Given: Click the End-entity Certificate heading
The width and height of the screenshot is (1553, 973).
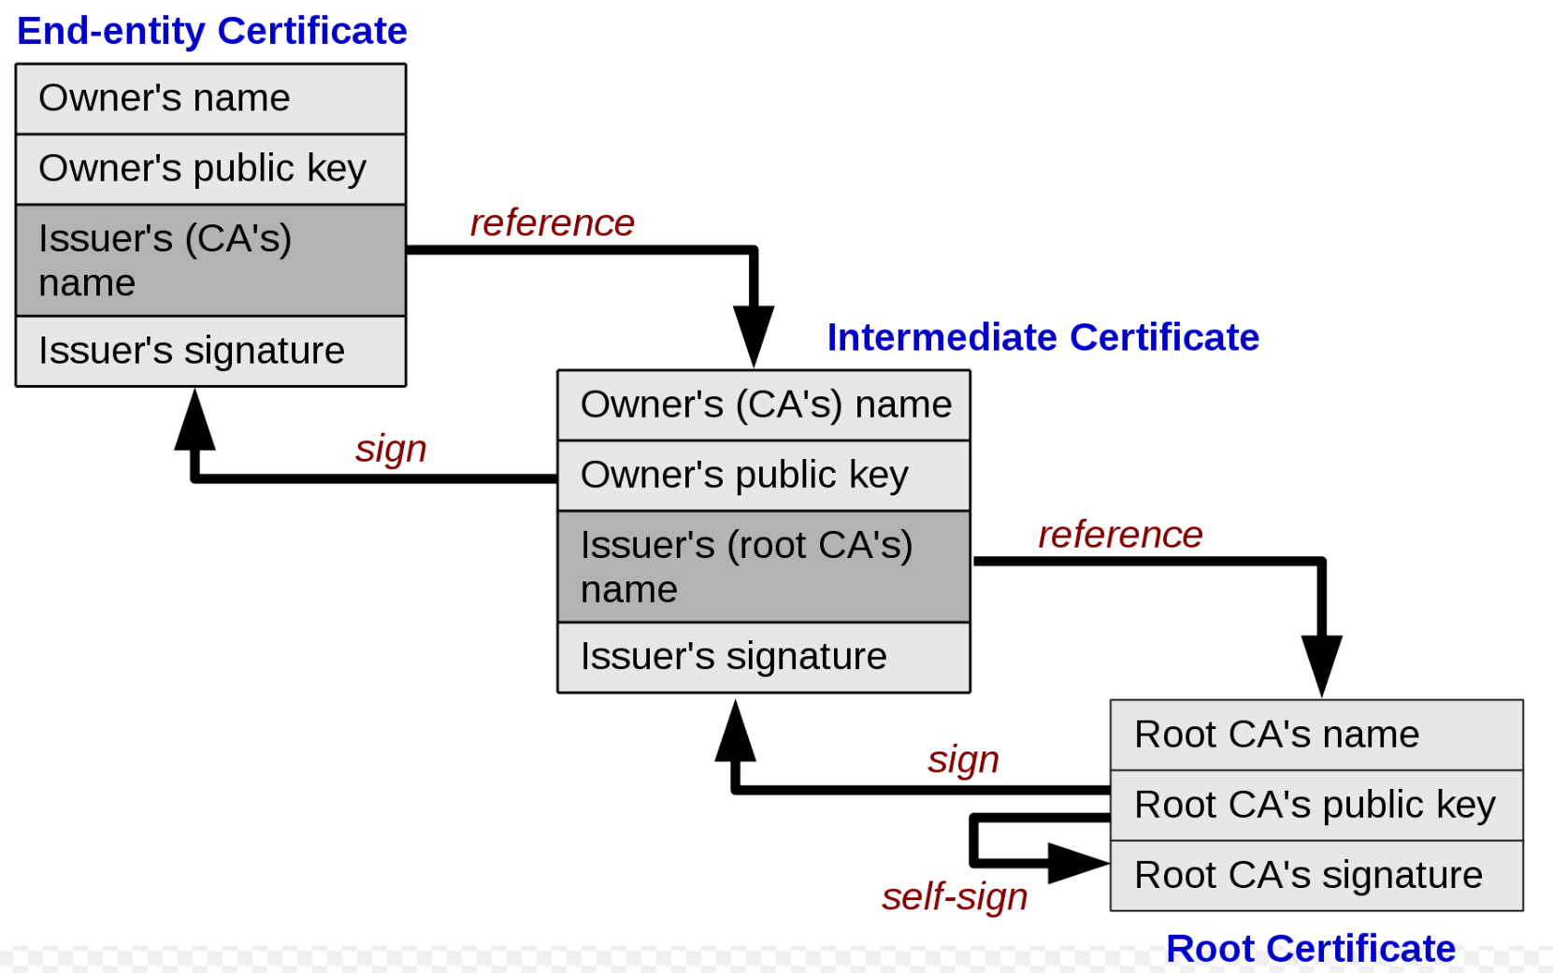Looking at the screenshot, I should (211, 31).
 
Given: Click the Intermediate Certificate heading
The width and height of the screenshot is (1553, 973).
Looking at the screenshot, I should (1043, 337).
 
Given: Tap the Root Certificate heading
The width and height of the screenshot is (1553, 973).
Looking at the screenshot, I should (1310, 948).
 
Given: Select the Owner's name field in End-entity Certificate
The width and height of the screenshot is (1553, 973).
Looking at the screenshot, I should (210, 99).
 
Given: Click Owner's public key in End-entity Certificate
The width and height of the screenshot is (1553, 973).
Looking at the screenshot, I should (210, 169).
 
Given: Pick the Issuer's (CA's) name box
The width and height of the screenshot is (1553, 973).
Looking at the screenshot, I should (210, 260).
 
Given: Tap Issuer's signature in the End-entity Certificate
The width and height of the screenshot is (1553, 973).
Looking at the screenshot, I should (210, 351).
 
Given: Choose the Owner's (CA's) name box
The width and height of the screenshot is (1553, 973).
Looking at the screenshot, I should (764, 406).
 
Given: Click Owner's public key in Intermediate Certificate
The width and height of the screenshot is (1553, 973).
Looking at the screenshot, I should (764, 476).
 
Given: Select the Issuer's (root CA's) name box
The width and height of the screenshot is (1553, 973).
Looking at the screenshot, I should (764, 566).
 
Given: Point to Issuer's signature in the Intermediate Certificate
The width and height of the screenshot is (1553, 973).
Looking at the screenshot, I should (764, 657).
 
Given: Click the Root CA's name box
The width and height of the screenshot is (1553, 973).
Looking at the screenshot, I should (1316, 735).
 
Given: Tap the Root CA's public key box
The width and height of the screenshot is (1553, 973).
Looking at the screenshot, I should (1316, 805).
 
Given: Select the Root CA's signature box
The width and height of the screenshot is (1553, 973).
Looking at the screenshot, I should (1316, 876).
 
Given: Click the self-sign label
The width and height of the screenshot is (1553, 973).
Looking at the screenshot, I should (955, 896).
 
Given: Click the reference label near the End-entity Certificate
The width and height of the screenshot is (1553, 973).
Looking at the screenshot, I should (552, 223).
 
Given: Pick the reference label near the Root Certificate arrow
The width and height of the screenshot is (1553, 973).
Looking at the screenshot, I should (1120, 535).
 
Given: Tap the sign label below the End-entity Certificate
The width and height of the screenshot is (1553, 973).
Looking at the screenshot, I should (391, 449).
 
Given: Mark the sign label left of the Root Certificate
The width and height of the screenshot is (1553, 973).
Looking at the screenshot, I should (963, 759).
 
